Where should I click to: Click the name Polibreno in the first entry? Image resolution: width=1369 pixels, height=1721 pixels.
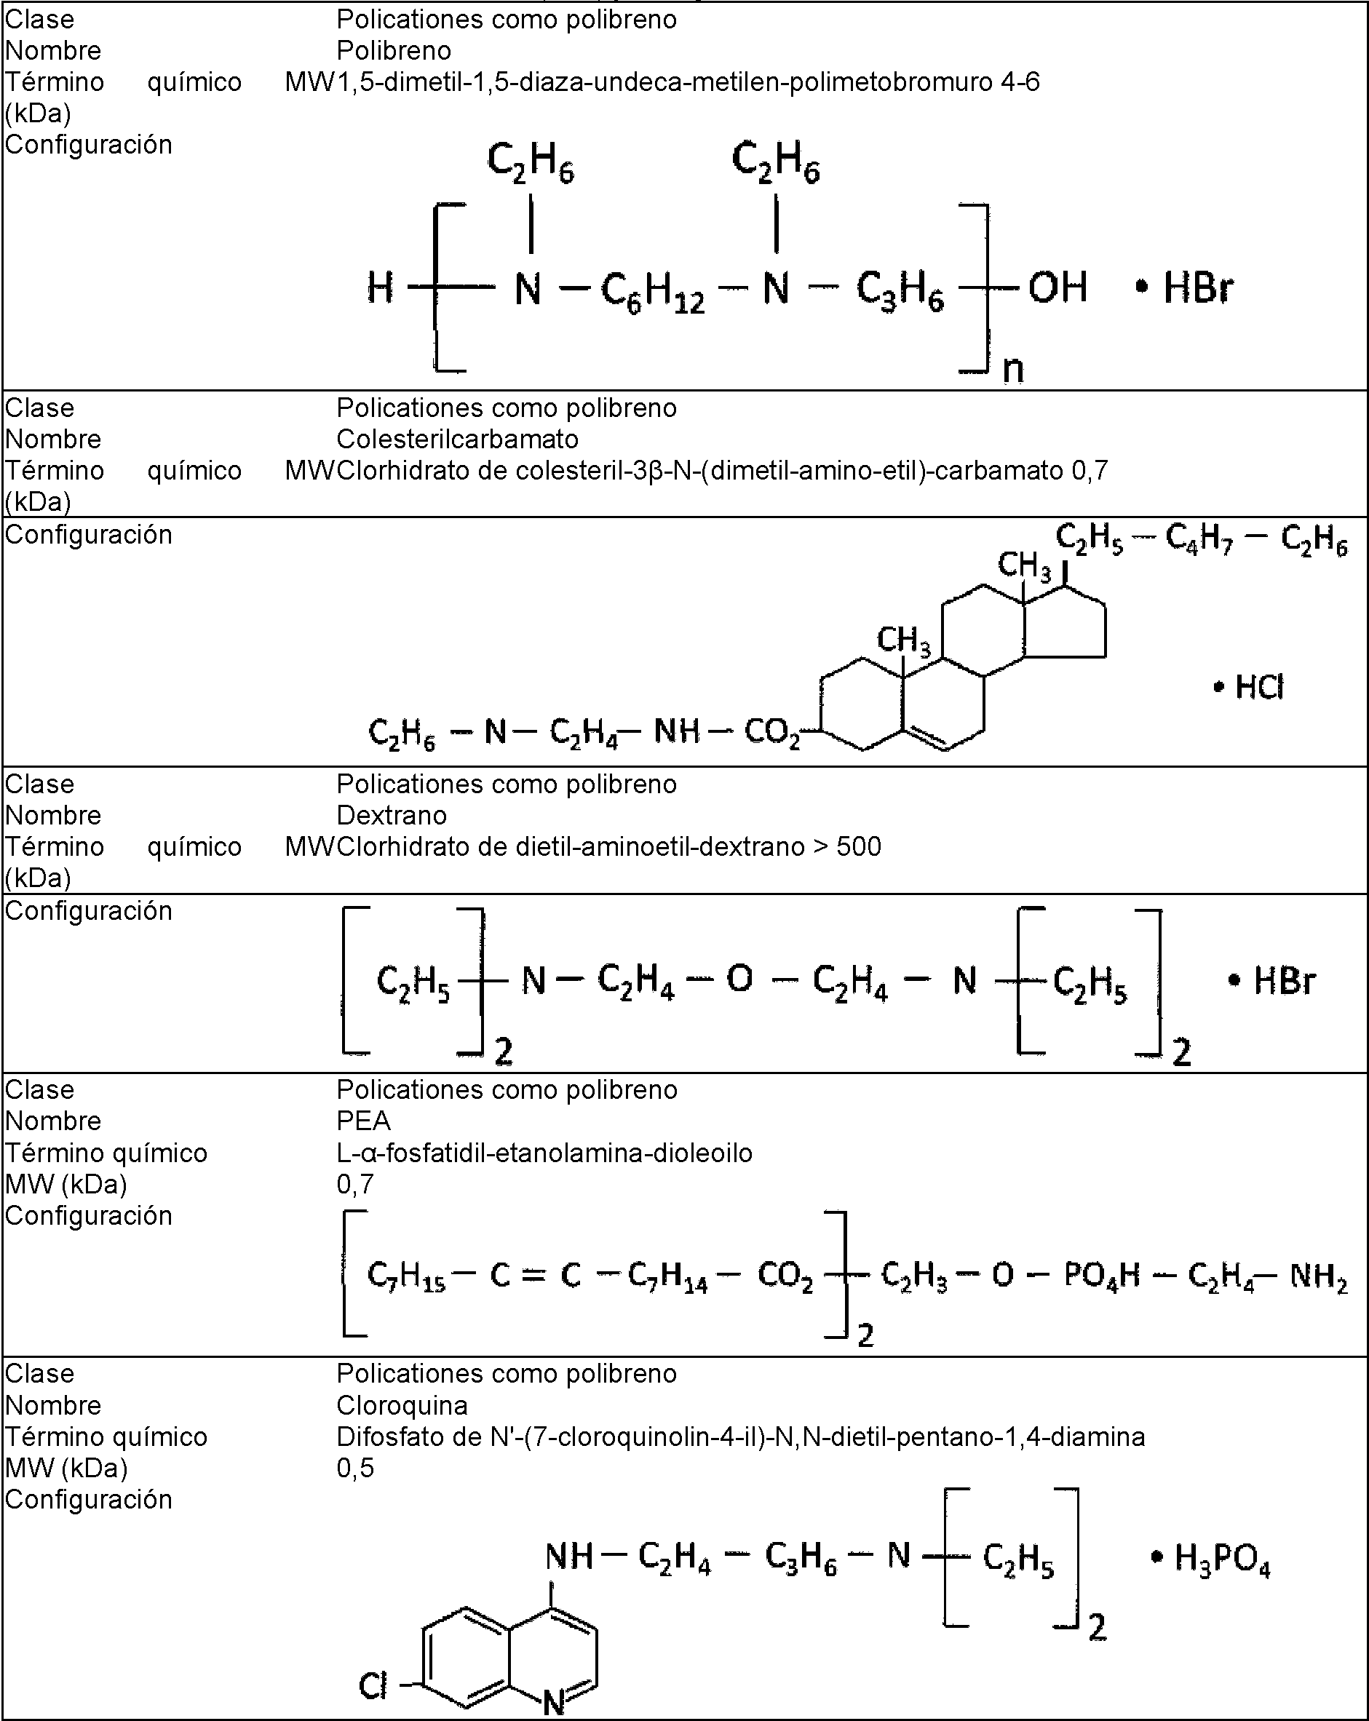[394, 50]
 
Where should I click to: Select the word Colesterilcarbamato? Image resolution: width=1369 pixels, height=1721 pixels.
[457, 439]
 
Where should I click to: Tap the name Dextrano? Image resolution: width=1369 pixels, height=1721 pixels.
[391, 815]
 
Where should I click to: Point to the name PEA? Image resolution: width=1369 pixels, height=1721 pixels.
[363, 1121]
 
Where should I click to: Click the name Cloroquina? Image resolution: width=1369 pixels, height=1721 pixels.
[402, 1405]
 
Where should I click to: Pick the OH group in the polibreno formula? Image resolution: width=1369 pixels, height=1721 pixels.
[1057, 287]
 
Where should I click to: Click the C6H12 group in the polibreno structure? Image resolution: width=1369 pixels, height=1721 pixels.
[652, 291]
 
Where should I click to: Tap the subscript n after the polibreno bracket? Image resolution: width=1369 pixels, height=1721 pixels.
[1012, 369]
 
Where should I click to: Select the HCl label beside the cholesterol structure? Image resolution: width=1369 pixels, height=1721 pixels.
[1259, 686]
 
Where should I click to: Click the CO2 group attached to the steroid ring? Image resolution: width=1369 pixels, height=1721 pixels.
[772, 733]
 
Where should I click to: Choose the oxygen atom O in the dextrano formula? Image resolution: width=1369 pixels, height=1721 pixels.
[739, 979]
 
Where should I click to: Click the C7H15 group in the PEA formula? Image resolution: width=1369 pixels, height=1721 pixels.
[405, 1276]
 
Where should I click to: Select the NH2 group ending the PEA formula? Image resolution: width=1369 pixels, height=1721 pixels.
[1319, 1277]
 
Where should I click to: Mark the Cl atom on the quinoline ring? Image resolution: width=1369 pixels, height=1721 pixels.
[373, 1685]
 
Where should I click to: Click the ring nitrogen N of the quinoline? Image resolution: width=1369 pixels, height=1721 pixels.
[554, 1703]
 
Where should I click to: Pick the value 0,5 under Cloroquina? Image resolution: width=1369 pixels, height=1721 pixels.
[355, 1467]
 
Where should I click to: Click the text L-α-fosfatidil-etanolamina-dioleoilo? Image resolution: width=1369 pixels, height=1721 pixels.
[544, 1153]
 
